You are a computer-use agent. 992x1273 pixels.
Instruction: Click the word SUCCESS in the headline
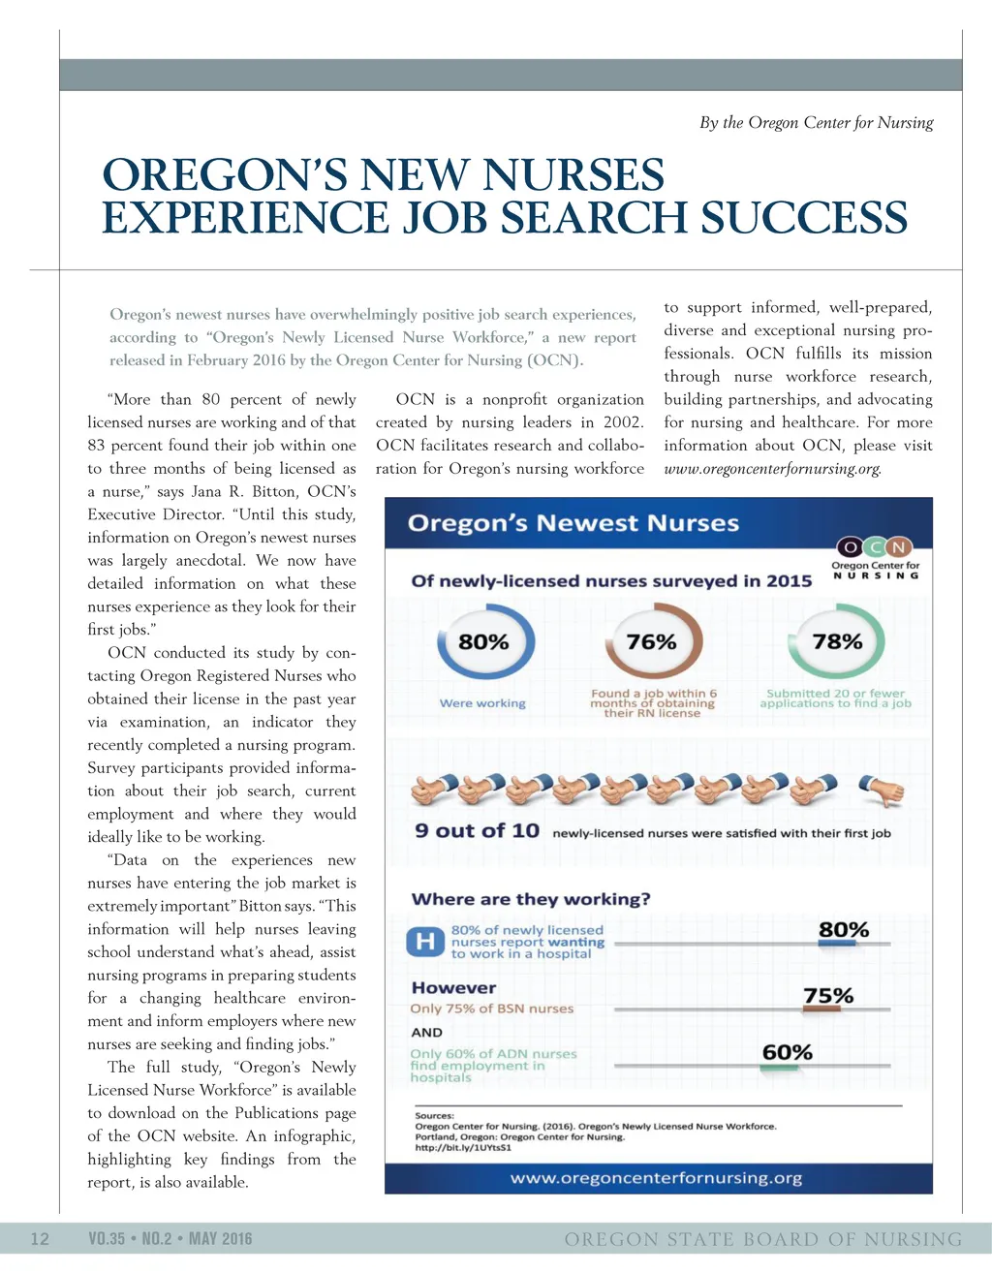pos(803,217)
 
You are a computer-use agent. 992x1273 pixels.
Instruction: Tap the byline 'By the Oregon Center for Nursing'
pos(816,123)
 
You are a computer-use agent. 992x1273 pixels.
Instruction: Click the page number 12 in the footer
pos(40,1239)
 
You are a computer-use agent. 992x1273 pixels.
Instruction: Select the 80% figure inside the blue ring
pos(483,642)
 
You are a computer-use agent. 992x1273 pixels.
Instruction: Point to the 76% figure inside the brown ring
pos(652,642)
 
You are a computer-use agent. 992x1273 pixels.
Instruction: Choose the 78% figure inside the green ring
pos(837,641)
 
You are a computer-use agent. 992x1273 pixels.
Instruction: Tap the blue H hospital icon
pos(425,942)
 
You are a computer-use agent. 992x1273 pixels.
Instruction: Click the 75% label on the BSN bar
pos(828,996)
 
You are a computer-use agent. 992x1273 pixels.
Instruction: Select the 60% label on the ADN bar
pos(787,1052)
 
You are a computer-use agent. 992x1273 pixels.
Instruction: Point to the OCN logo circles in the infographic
pos(875,547)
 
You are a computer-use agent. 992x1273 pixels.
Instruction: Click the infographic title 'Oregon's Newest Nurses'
pos(573,524)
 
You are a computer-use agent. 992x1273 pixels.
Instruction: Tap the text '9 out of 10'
pos(477,831)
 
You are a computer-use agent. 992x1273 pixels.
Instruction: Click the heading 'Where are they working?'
pos(531,899)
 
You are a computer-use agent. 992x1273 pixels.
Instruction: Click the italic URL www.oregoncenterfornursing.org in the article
pos(772,469)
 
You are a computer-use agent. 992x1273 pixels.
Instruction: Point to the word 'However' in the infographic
pos(453,988)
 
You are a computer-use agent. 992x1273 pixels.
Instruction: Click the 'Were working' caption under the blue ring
pos(482,703)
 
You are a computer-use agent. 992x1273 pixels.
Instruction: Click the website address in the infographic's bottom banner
pos(657,1178)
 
